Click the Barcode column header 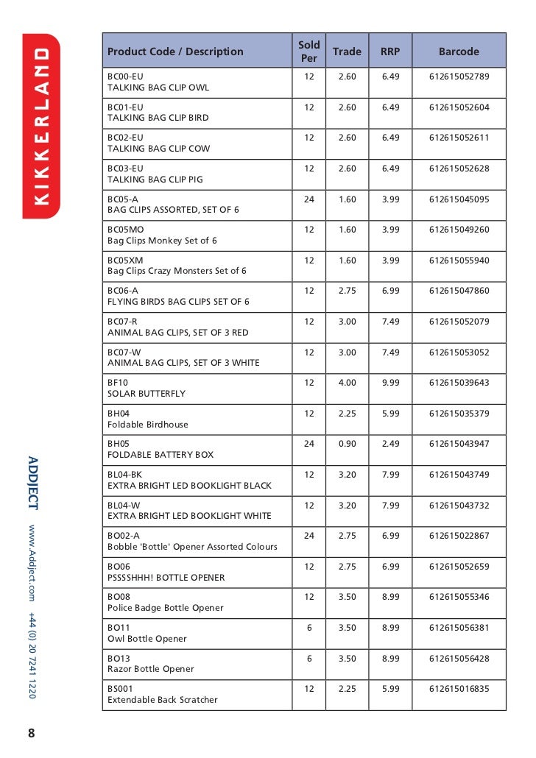click(458, 52)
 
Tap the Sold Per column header click(309, 52)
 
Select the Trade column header click(347, 52)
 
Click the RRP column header click(390, 52)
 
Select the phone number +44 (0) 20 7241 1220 click(32, 654)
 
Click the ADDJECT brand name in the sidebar click(32, 484)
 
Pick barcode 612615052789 click(459, 77)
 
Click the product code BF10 click(118, 383)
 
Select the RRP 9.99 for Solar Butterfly click(390, 383)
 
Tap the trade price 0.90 click(347, 444)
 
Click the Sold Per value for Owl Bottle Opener click(309, 627)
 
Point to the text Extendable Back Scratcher click(163, 700)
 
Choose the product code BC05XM click(126, 261)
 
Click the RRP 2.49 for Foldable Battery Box click(390, 444)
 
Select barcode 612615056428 click(459, 658)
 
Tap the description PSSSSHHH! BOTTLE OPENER click(166, 578)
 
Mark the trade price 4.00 click(347, 383)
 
